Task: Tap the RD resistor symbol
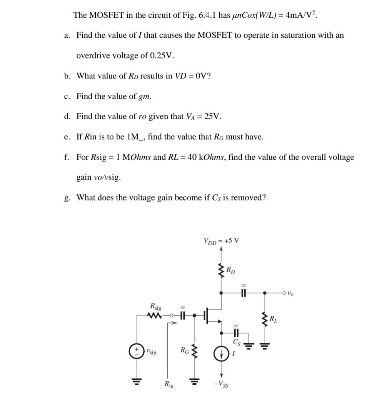(x=221, y=271)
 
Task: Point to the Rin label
(x=169, y=384)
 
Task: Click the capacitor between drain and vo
(x=243, y=293)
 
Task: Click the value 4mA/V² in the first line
(x=300, y=15)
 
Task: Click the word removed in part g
(x=248, y=198)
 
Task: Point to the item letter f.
(x=67, y=157)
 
